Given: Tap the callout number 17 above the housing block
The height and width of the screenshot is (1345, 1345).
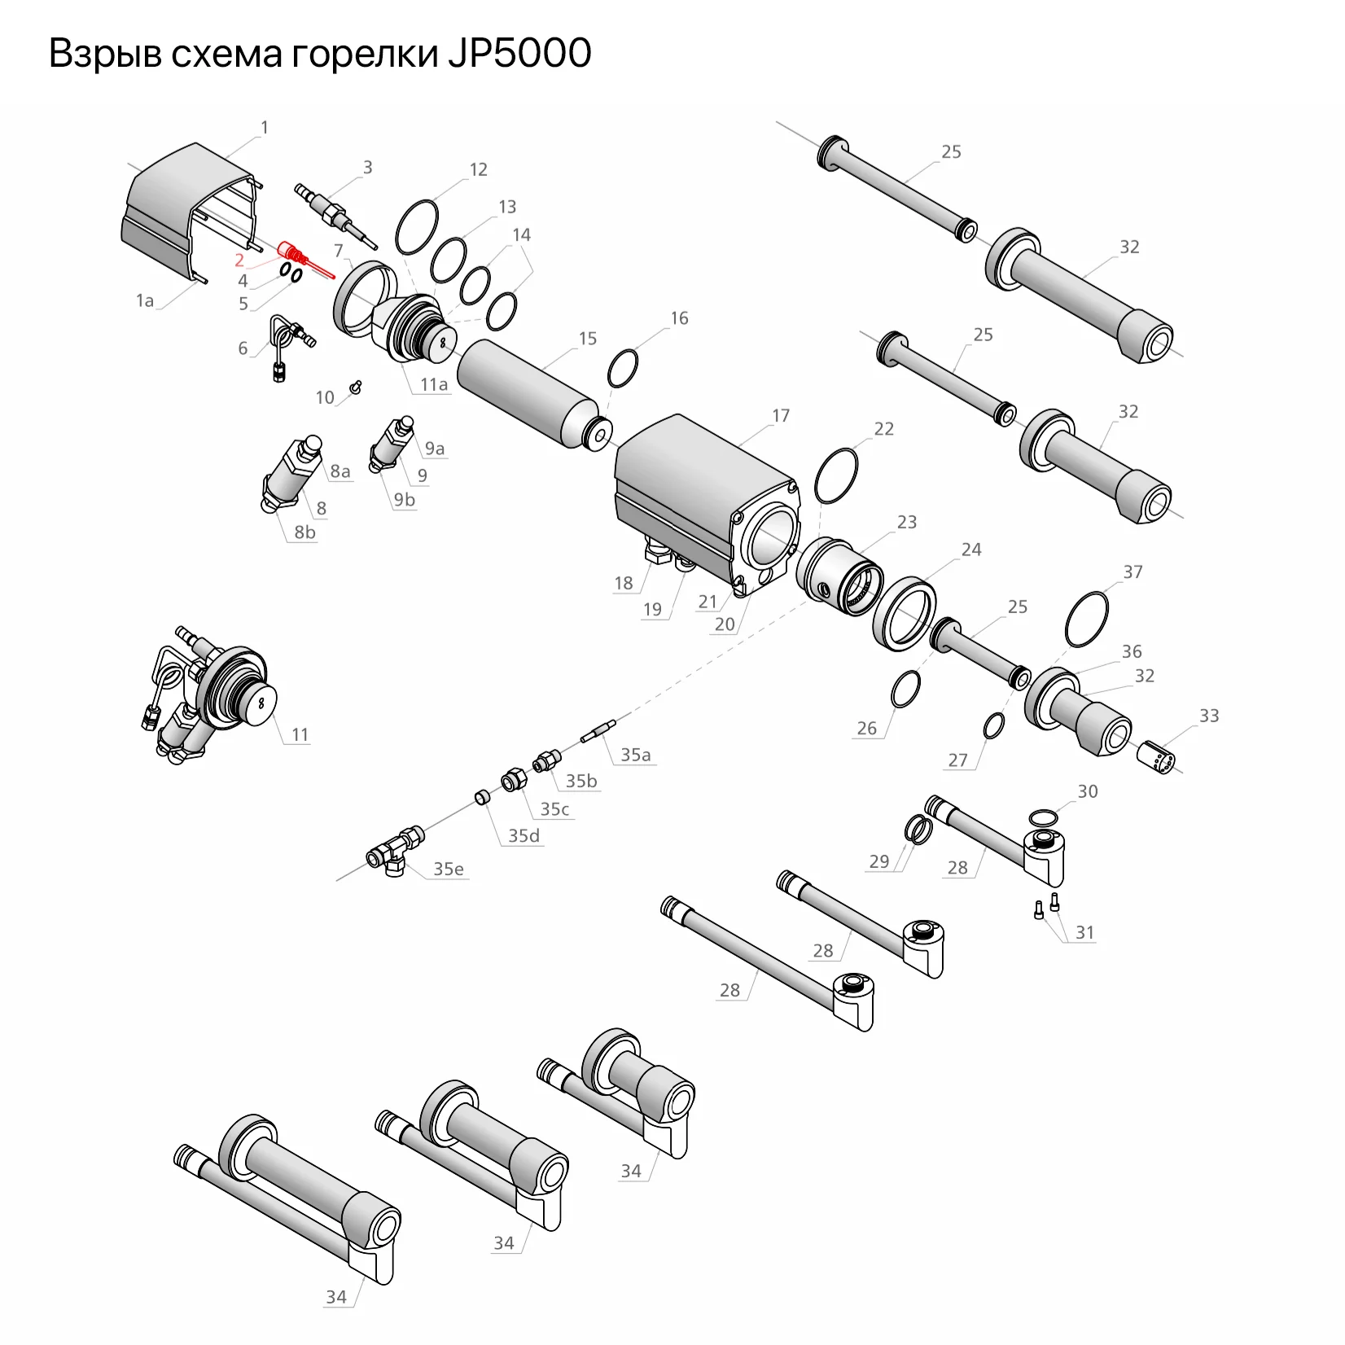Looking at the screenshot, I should (x=781, y=416).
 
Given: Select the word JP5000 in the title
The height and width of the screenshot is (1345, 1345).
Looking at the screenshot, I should (x=519, y=54).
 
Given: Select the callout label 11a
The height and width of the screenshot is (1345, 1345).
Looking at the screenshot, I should (x=434, y=384).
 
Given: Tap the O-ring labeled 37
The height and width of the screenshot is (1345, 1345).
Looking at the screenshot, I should (x=1087, y=620).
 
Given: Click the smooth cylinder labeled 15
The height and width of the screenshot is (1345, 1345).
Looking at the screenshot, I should (x=529, y=392).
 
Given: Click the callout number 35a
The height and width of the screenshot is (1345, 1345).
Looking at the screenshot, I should (x=635, y=755).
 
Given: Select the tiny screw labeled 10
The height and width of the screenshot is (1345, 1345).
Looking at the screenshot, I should (x=355, y=387).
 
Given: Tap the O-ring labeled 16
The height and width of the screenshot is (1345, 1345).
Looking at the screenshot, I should (x=623, y=370).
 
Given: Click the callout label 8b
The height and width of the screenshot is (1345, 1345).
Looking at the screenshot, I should (x=304, y=532).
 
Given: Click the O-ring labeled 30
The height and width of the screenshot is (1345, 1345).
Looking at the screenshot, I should (x=1044, y=817).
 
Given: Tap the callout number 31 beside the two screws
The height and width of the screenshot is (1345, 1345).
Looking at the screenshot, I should (x=1084, y=932).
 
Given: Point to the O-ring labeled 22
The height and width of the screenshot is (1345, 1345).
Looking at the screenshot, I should (x=836, y=476).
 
